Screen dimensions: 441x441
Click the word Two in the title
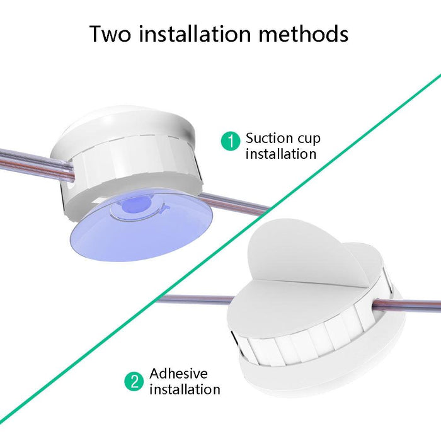pos(110,33)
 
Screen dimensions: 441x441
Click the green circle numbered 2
pos(134,382)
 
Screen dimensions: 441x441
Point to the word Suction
pos(269,138)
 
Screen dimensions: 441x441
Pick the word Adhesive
pos(178,374)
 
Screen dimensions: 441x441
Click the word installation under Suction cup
pos(280,154)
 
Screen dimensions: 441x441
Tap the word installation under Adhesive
pos(185,389)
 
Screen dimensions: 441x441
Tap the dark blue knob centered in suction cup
pos(134,207)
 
